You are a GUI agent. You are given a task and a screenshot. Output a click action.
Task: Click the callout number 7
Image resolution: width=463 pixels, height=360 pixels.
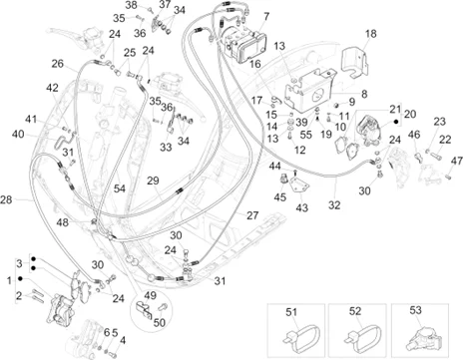click(266, 16)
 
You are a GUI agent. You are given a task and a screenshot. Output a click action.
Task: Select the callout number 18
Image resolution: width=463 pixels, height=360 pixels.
click(370, 34)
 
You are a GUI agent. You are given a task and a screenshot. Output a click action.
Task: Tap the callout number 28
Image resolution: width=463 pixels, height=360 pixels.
click(6, 200)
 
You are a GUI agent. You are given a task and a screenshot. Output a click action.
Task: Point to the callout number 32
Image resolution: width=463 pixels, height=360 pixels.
click(334, 205)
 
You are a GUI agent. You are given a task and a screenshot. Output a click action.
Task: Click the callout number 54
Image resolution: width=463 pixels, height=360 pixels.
click(120, 188)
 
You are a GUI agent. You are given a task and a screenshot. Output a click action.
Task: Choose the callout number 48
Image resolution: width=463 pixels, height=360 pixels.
click(63, 222)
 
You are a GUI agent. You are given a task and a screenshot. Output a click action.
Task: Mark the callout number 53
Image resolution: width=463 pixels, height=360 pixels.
click(415, 310)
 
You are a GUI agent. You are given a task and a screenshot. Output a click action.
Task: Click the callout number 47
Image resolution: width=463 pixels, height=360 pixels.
click(457, 162)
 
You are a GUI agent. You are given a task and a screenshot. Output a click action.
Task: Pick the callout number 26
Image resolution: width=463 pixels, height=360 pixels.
click(58, 64)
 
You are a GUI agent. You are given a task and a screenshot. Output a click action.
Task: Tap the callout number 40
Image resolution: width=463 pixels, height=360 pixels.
click(18, 134)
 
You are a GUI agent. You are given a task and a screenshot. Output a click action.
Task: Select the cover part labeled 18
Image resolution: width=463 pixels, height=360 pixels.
click(355, 64)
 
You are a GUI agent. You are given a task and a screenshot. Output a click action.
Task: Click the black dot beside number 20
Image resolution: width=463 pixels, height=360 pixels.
click(396, 122)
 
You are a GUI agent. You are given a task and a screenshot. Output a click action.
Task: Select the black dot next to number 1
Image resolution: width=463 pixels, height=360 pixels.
click(20, 278)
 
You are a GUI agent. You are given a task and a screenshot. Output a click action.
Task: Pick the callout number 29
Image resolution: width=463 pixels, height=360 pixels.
click(153, 180)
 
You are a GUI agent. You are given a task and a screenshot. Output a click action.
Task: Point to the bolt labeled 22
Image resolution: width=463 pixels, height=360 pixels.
click(436, 155)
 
